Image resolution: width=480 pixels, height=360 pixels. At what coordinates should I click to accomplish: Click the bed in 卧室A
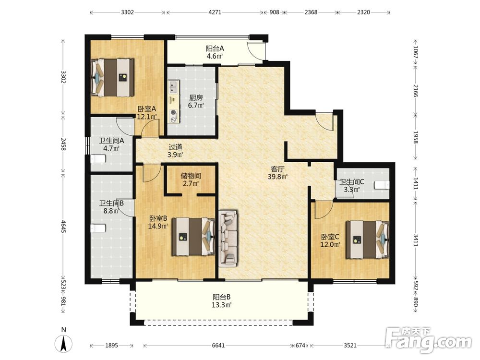point(113,77)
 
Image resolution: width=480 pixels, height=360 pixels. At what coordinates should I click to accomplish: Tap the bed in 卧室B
point(193,236)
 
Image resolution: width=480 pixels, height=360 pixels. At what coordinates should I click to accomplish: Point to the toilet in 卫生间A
point(98,159)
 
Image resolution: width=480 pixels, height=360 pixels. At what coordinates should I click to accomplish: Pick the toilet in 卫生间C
point(382,185)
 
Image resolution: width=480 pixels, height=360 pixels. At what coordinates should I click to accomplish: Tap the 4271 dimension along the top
point(215,12)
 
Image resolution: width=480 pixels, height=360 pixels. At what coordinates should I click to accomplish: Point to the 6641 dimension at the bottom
point(218,345)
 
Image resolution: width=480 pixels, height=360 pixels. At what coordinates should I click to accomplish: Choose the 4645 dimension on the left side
point(63,226)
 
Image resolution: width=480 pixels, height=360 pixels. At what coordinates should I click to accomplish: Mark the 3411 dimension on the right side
point(415,240)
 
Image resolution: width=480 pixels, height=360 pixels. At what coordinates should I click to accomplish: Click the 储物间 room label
point(191,176)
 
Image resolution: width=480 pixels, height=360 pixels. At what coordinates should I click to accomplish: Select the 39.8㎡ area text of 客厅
point(277,177)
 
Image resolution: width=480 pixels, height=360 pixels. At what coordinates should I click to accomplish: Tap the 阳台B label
point(222,297)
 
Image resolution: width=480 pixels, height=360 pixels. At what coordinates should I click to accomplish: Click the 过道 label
point(175,147)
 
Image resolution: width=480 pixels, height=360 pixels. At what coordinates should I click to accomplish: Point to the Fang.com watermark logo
point(429,340)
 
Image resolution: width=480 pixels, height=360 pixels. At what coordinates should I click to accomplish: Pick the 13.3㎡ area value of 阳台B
point(221,305)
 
